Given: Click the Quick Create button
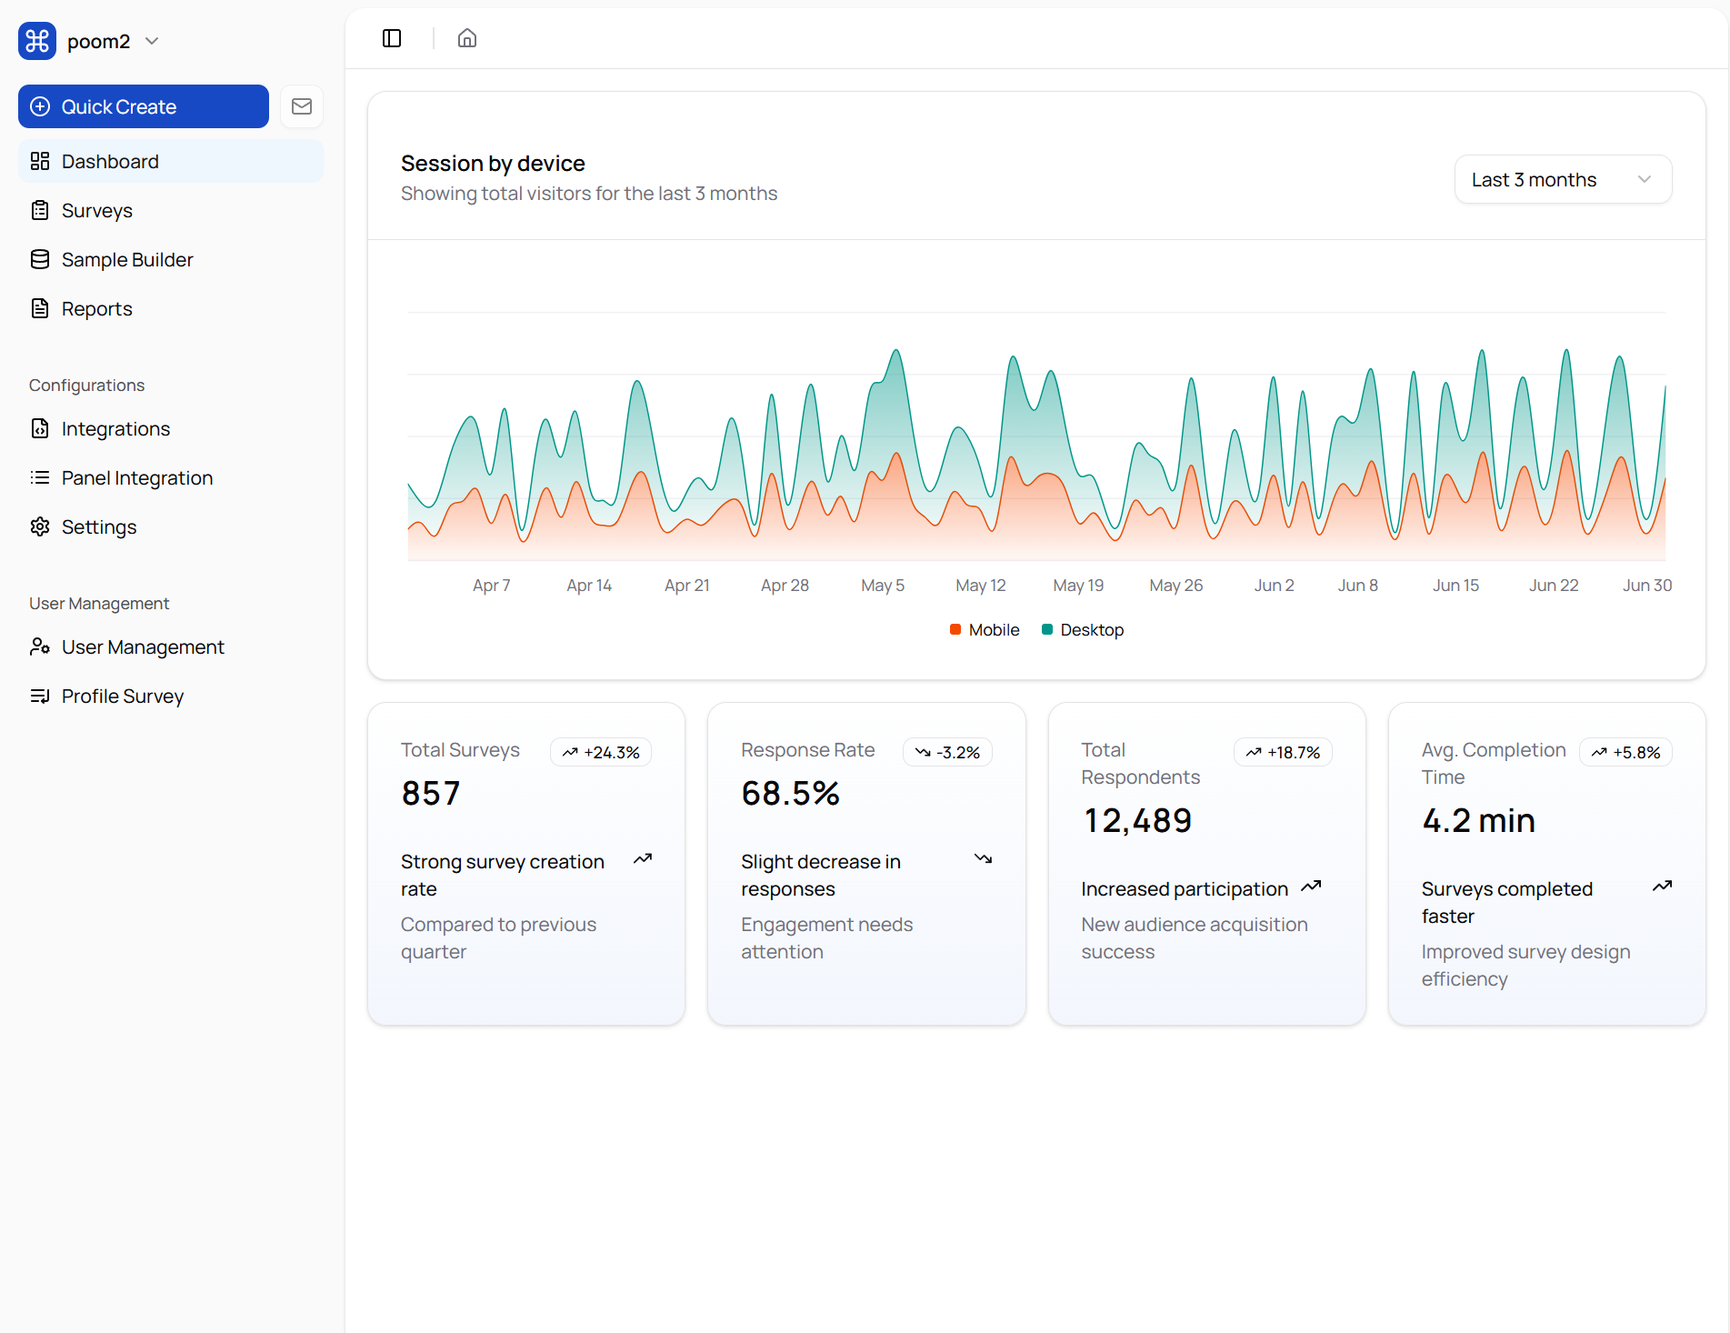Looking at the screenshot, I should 143,106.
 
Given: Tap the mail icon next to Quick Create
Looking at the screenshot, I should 302,106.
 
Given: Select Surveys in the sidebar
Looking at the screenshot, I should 96,211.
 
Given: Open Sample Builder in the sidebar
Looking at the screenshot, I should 126,260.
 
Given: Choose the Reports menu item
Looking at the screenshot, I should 96,309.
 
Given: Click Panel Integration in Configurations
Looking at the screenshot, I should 136,478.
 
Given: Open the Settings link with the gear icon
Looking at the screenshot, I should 98,527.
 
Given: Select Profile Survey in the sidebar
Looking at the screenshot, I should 122,697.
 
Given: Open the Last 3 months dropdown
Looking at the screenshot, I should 1562,180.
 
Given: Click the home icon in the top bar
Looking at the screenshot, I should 467,38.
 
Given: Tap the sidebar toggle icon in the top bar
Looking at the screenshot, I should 392,38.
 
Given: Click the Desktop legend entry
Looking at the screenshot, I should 1083,630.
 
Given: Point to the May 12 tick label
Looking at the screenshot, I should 980,586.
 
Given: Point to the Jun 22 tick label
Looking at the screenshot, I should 1553,586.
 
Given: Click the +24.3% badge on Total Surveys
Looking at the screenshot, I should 601,753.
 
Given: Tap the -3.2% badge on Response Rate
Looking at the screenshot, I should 947,753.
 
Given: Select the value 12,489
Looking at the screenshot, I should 1136,821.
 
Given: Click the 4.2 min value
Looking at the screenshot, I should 1478,821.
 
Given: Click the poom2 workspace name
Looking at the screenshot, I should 98,42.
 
